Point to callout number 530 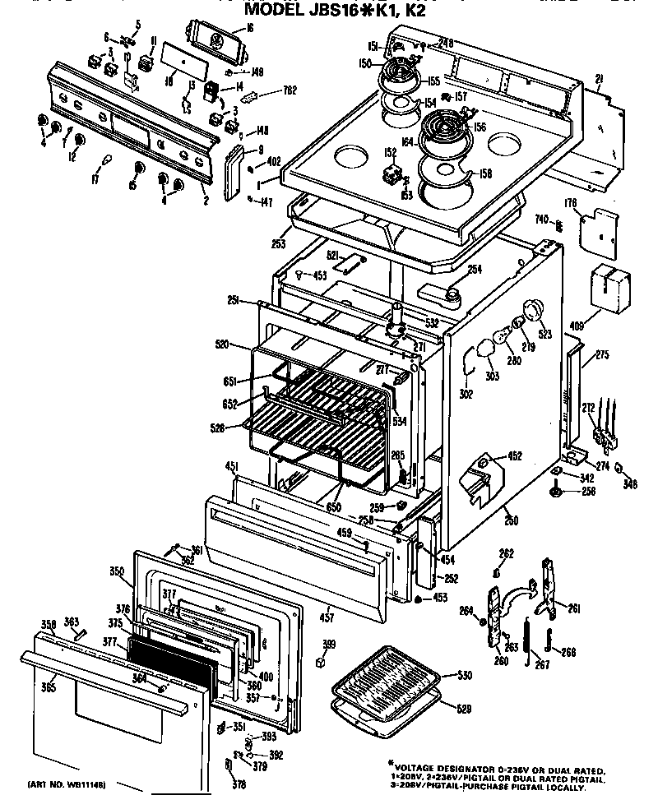(x=465, y=675)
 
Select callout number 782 (x=290, y=90)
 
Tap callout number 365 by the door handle (x=49, y=686)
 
